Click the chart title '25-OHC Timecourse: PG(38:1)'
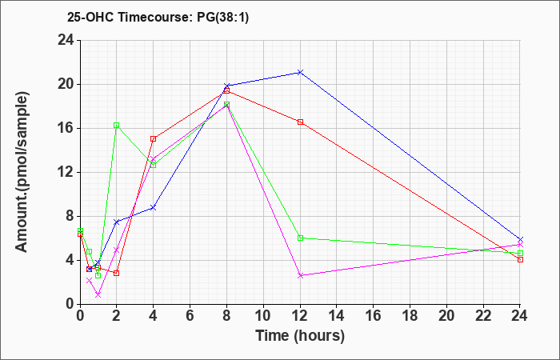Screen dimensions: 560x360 (x=158, y=18)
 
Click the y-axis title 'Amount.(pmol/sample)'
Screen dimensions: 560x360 (x=22, y=173)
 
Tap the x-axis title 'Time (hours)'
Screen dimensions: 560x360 (x=300, y=336)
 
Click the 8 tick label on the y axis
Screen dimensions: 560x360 (x=70, y=217)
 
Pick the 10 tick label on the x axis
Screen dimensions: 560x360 (x=263, y=315)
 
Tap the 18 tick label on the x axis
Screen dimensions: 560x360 (x=410, y=315)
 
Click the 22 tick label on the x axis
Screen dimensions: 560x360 (x=483, y=315)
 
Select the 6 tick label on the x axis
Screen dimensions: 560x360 (x=190, y=315)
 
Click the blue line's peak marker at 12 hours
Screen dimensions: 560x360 (x=300, y=73)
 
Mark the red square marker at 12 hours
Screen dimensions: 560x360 (x=300, y=122)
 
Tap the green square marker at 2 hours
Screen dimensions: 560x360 (x=117, y=126)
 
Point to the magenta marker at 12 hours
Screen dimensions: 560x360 (x=300, y=276)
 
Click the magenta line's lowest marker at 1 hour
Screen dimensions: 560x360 (x=98, y=294)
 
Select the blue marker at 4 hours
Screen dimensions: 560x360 (x=154, y=207)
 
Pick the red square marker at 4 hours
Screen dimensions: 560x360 (x=154, y=139)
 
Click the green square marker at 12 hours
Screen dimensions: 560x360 (x=300, y=238)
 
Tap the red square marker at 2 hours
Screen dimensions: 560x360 (x=117, y=274)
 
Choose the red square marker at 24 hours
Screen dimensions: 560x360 (x=520, y=260)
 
